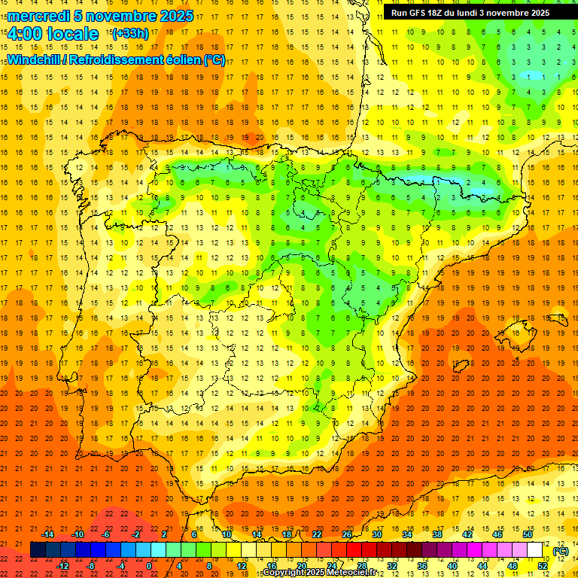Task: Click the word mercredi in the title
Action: pyautogui.click(x=39, y=16)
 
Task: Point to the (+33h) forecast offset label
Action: pyautogui.click(x=130, y=34)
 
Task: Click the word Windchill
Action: pyautogui.click(x=32, y=60)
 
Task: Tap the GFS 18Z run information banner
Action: pyautogui.click(x=470, y=13)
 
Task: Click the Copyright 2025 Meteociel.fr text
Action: pyautogui.click(x=320, y=573)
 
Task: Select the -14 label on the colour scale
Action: pyautogui.click(x=48, y=534)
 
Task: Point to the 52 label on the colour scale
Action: pyautogui.click(x=543, y=566)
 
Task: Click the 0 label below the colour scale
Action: pyautogui.click(x=149, y=566)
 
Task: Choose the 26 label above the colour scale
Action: pyautogui.click(x=347, y=534)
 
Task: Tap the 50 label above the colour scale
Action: pyautogui.click(x=528, y=534)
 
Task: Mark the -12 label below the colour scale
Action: pyautogui.click(x=63, y=566)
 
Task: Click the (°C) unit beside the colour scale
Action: pyautogui.click(x=560, y=551)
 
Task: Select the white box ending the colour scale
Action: pyautogui.click(x=535, y=550)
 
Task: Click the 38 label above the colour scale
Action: pyautogui.click(x=437, y=534)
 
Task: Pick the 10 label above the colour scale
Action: pyautogui.click(x=226, y=534)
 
